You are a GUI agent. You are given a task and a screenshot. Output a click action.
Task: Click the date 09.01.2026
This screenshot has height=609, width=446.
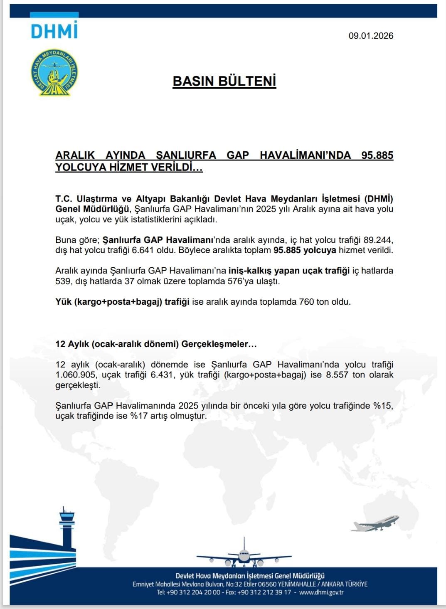[371, 36]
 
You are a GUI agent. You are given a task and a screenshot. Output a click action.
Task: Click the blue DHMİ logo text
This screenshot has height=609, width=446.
[54, 30]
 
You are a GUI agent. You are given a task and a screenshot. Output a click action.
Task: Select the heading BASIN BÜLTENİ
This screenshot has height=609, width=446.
[224, 81]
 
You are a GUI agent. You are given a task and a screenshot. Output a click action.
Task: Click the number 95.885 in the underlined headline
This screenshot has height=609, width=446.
[377, 155]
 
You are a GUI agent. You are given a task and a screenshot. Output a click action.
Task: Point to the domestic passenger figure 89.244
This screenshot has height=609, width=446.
[378, 240]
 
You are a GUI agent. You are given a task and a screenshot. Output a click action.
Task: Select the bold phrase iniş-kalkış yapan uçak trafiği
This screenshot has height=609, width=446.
[289, 271]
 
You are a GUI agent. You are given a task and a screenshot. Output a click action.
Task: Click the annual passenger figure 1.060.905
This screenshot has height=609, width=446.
[76, 375]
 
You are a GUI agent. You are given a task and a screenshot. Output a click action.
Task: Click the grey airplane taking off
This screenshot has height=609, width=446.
[375, 523]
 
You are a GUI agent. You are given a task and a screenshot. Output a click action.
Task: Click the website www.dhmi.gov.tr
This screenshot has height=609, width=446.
[321, 592]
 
